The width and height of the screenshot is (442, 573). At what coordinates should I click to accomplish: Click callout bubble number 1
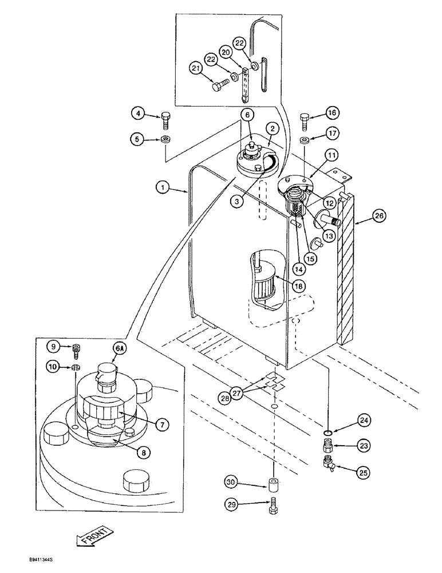163,187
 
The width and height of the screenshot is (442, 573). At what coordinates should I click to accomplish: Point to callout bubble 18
297,285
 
